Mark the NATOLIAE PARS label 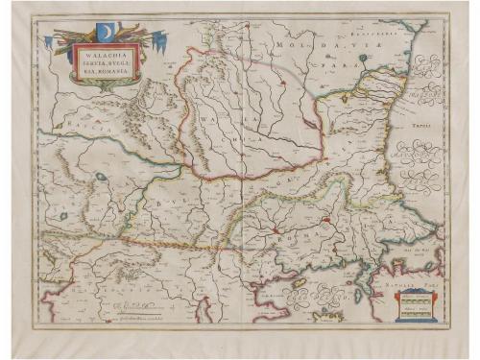(x=420, y=285)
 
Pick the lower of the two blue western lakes (x=63, y=216)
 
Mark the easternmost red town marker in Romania (x=325, y=220)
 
